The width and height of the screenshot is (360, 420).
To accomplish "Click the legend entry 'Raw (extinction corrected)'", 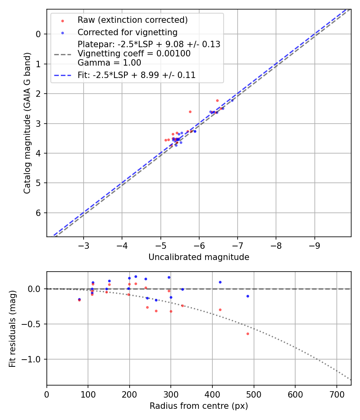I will (x=132, y=20).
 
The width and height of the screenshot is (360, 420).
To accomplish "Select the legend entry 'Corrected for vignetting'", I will (x=127, y=32).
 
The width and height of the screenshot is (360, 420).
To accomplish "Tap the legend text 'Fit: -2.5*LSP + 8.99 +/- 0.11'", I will (x=136, y=75).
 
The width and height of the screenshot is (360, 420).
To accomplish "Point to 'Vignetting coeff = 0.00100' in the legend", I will (x=134, y=54).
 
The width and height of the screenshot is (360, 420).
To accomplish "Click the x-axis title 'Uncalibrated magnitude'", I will (x=199, y=257).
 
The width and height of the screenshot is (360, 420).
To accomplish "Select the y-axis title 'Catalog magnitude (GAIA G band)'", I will (x=27, y=123).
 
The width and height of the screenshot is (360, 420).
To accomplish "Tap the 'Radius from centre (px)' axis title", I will (x=199, y=406).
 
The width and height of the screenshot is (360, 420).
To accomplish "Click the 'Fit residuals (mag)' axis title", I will (x=13, y=328).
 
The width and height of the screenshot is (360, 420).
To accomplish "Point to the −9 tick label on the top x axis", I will (x=314, y=244).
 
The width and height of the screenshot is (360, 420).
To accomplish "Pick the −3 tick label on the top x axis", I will (x=84, y=244).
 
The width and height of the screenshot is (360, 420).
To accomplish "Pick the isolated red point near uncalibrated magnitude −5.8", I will (x=190, y=112).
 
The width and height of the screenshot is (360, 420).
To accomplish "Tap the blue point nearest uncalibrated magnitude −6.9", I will (x=232, y=100).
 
